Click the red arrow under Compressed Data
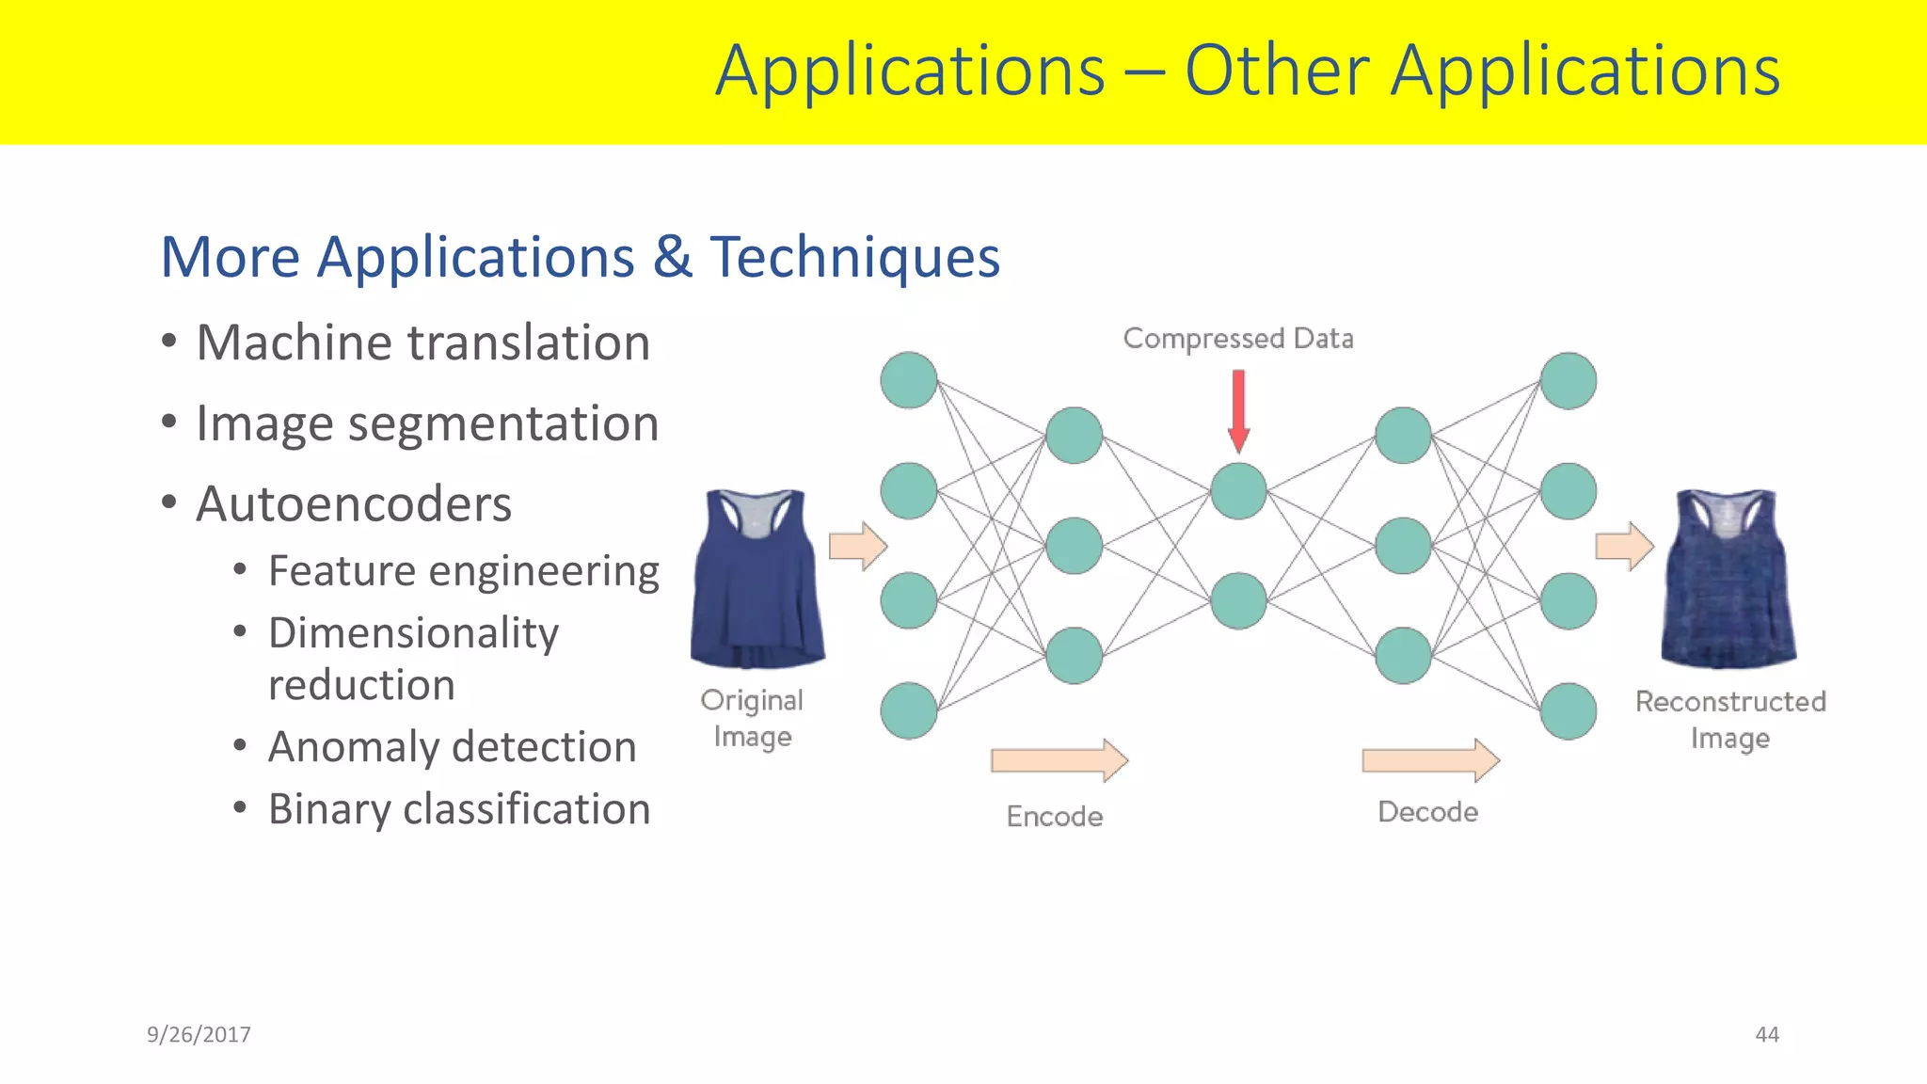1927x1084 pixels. (1238, 410)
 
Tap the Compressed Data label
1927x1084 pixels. (1238, 338)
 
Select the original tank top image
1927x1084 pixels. (757, 578)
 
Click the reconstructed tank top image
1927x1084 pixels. (1728, 578)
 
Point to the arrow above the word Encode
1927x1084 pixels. (1059, 759)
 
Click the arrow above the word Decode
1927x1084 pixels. (1430, 759)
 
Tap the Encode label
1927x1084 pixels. (1055, 816)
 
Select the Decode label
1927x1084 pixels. (1427, 812)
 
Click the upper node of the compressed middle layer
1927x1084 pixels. (1238, 491)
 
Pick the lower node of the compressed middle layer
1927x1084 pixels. (1238, 600)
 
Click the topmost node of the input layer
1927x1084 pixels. (909, 380)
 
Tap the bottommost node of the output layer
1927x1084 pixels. (1568, 710)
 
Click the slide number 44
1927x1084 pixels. (1766, 1034)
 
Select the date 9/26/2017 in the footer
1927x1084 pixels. (199, 1034)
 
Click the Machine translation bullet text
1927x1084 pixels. (422, 343)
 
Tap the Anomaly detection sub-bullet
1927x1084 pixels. (452, 747)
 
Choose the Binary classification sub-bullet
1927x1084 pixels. (459, 809)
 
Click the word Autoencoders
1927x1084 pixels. (354, 504)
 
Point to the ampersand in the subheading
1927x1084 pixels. (672, 257)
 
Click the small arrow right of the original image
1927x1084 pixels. (857, 546)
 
